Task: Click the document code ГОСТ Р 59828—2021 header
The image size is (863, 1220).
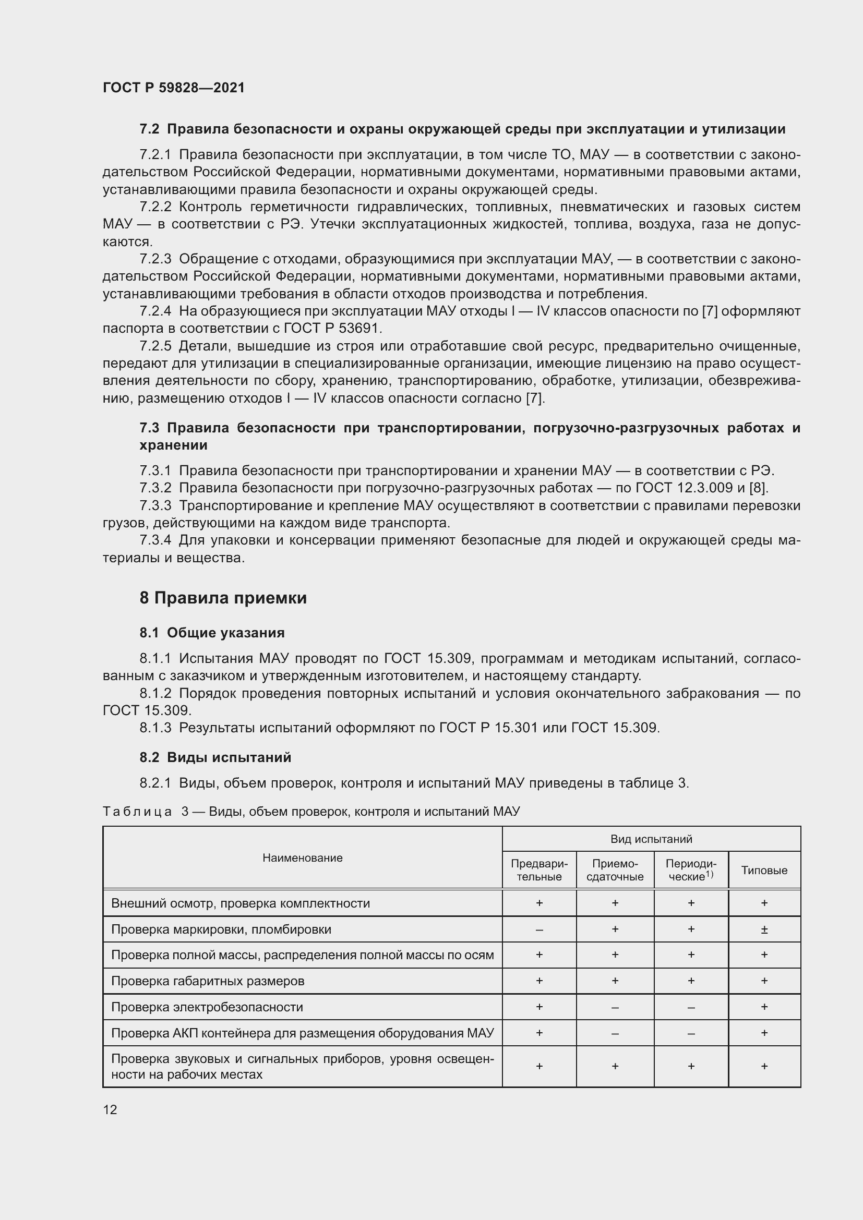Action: pos(174,88)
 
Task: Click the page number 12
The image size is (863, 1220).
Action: pos(110,1109)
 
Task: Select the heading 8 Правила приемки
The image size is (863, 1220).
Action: pos(223,598)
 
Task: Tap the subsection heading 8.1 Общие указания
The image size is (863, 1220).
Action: pos(212,633)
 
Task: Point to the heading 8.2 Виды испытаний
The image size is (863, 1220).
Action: pos(215,757)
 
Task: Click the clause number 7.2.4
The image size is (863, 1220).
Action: pos(155,311)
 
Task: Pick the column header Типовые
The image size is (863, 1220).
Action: pos(764,871)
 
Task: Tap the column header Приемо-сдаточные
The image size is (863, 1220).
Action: pos(615,871)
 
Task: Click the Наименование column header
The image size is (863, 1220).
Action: pos(303,857)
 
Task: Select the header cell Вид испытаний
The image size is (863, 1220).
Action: pos(651,839)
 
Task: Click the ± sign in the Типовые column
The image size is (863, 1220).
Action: pos(764,929)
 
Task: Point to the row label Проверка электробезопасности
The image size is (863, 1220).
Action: pos(207,1007)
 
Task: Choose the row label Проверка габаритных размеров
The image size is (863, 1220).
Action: pos(208,981)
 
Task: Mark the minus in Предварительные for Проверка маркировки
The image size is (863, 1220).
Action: pos(539,929)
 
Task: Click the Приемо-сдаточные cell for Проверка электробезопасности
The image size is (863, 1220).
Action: pos(615,1007)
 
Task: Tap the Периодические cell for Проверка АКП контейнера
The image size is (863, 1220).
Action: pos(691,1033)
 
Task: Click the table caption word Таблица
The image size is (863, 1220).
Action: pos(137,812)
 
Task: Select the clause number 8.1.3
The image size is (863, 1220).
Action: pos(155,728)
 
